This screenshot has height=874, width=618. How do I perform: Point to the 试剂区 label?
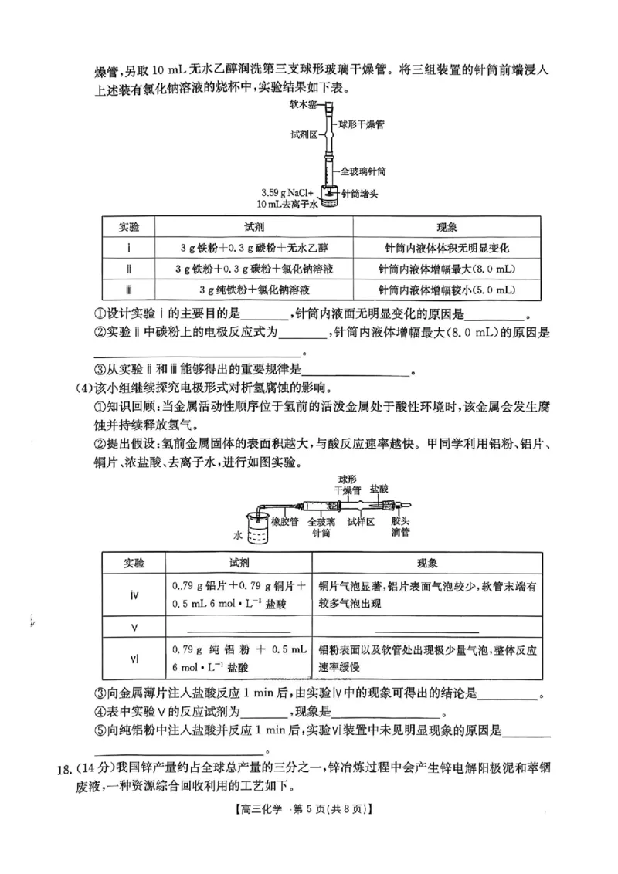[x=304, y=134]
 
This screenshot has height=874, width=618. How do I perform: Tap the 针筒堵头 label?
[x=358, y=195]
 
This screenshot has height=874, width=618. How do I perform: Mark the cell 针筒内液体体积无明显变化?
[x=447, y=248]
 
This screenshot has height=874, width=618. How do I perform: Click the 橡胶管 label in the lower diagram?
[x=286, y=521]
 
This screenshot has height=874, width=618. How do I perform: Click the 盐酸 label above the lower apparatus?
[x=379, y=490]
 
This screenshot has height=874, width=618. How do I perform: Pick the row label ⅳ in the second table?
[x=134, y=594]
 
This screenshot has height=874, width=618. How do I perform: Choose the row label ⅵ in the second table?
[x=134, y=657]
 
